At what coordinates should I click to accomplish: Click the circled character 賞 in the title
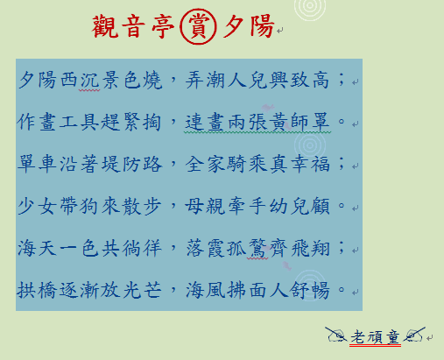(198, 26)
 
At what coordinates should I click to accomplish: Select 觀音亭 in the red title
(133, 26)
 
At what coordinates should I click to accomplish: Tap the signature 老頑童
(375, 337)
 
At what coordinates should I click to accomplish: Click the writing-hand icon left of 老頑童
(336, 335)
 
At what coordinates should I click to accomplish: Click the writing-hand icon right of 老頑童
(414, 335)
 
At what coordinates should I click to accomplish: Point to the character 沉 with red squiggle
(89, 80)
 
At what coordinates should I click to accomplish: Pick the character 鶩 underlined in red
(257, 249)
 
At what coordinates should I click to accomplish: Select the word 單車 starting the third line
(37, 164)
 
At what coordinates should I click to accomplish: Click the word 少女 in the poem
(37, 206)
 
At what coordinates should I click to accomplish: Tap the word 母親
(205, 206)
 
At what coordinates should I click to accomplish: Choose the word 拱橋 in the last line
(37, 290)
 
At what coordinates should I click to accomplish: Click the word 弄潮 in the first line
(205, 80)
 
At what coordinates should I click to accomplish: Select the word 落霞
(205, 249)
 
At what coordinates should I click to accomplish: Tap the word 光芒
(142, 290)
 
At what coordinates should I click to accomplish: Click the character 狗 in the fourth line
(89, 206)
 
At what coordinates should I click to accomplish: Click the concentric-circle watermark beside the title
(310, 6)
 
